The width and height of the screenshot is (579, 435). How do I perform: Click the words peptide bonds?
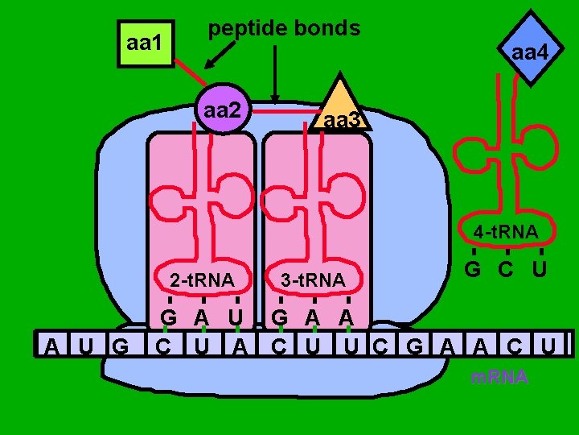point(284,28)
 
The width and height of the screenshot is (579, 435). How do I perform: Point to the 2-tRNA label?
point(202,280)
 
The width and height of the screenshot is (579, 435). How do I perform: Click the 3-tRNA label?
point(313,280)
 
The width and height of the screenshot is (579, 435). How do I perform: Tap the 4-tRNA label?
point(505,233)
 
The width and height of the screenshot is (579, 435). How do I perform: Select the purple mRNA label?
point(499,377)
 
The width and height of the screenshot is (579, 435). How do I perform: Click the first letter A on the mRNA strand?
point(51,347)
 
